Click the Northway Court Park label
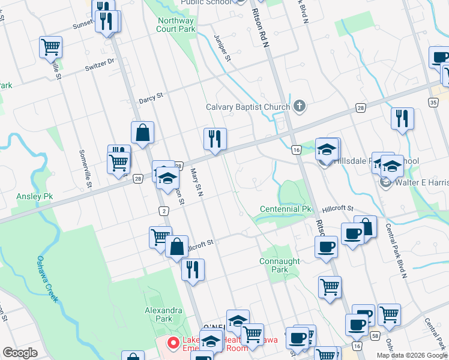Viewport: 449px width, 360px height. [x=176, y=24]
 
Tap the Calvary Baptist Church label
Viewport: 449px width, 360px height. [x=248, y=107]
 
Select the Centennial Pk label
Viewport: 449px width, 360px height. [x=286, y=209]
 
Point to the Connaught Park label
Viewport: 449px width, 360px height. [x=279, y=265]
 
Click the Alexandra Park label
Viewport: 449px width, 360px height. [x=163, y=314]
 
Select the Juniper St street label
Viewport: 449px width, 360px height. [x=222, y=48]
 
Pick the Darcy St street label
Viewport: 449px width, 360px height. [x=151, y=96]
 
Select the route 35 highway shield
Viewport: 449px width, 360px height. [x=433, y=103]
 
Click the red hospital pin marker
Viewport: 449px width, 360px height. [x=173, y=343]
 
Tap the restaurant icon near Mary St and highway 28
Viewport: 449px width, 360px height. [x=214, y=139]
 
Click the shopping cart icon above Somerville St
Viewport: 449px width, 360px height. [x=50, y=46]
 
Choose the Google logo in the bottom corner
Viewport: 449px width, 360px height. [x=20, y=353]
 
